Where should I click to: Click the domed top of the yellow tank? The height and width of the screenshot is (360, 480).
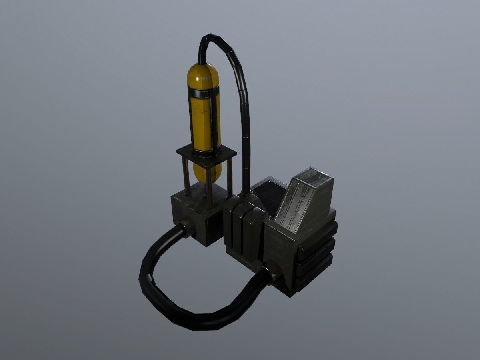tap(203, 74)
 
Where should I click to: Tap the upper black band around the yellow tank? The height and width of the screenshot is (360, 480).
tap(204, 93)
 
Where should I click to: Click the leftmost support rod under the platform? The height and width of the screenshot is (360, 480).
tap(186, 176)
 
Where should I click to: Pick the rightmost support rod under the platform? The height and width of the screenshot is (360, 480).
tap(230, 178)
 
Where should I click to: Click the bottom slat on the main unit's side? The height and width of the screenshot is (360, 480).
tap(314, 274)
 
